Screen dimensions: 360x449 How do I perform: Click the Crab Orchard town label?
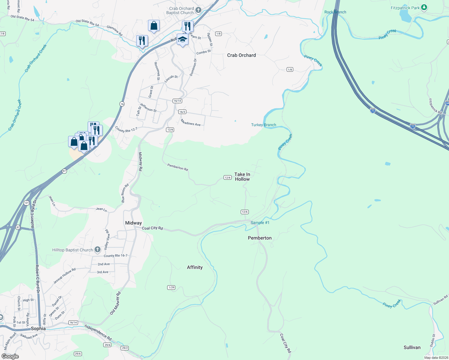click(241, 55)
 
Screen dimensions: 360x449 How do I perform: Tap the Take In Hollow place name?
click(242, 177)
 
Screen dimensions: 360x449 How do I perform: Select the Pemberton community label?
click(260, 238)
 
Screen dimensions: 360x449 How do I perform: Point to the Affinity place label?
click(195, 267)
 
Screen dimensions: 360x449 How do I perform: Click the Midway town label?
click(133, 223)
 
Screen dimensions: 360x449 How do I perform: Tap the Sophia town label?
click(38, 328)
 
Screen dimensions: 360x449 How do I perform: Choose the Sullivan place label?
click(412, 347)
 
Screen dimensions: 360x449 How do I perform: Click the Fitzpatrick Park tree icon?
click(424, 7)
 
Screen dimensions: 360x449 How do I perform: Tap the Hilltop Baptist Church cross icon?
click(98, 250)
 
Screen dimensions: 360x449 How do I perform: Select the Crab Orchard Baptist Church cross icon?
click(198, 10)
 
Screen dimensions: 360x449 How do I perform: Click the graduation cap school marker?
click(182, 39)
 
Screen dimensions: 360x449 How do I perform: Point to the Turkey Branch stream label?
click(264, 125)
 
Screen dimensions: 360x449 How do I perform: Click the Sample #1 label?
click(260, 223)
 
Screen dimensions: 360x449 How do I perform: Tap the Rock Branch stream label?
click(335, 12)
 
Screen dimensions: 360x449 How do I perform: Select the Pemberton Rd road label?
click(178, 167)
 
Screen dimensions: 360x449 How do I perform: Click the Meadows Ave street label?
click(191, 122)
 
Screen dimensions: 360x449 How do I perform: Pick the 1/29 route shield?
click(171, 287)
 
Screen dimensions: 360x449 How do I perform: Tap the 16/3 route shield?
click(182, 112)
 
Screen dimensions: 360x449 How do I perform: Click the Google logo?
click(10, 356)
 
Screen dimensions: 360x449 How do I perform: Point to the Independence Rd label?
click(98, 332)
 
